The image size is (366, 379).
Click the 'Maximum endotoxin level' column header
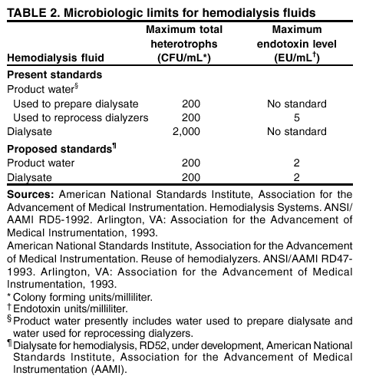pos(296,43)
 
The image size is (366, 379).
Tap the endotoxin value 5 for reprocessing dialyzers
pos(296,118)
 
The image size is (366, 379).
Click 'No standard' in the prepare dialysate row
pos(296,104)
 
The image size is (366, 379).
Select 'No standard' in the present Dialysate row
pos(296,132)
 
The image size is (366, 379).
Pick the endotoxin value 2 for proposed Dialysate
pos(296,176)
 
